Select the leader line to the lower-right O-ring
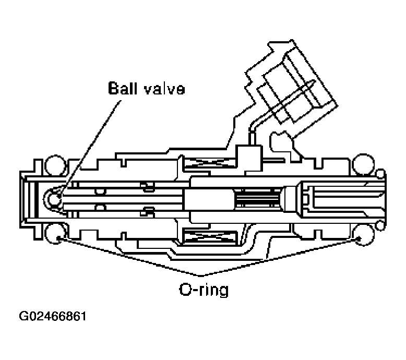click(282, 256)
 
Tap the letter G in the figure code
click(24, 317)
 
